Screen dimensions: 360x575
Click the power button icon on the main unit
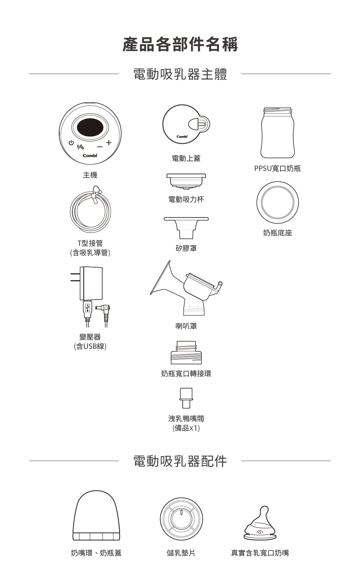point(71,143)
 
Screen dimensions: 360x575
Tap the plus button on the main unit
point(109,143)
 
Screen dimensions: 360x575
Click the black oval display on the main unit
point(90,127)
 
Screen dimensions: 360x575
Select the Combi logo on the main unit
point(90,156)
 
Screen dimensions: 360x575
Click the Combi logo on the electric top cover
point(182,136)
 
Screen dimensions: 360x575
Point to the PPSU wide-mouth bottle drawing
point(278,133)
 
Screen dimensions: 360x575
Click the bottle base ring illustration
point(278,203)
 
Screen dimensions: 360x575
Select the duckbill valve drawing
point(186,398)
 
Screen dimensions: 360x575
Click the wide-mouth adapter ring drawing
point(186,352)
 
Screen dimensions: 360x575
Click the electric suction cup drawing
point(186,181)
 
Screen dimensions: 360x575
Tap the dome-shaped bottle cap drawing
point(96,516)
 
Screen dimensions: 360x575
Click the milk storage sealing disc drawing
point(181,519)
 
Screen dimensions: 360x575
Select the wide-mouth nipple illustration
point(260,523)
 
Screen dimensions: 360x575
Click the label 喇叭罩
point(186,326)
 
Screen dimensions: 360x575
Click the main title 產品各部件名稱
point(180,44)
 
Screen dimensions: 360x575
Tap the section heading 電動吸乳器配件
point(180,461)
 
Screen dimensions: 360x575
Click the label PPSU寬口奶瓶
point(277,169)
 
